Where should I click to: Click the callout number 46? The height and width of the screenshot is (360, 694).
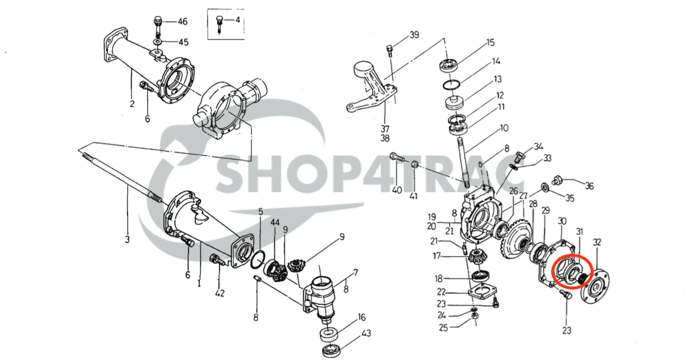(182, 22)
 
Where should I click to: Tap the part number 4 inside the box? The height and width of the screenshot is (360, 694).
(238, 20)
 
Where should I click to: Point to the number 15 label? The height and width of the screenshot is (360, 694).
(490, 42)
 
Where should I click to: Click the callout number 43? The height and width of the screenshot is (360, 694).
(366, 333)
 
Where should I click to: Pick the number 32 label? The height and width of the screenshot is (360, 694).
(597, 243)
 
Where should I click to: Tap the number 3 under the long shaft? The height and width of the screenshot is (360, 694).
(127, 239)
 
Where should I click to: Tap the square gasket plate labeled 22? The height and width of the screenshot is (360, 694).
(480, 293)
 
